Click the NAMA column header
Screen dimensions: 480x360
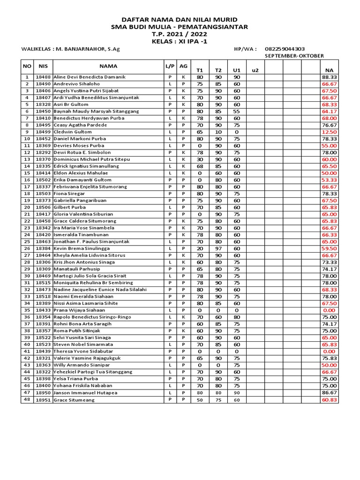(x=108, y=66)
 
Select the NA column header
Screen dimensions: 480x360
(x=329, y=70)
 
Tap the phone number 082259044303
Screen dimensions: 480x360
(x=285, y=49)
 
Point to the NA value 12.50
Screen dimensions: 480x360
(x=329, y=132)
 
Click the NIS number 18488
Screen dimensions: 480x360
(x=43, y=77)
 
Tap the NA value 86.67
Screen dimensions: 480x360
(x=329, y=393)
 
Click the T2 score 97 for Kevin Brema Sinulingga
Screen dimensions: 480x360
(x=218, y=248)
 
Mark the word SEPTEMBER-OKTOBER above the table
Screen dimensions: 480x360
(x=294, y=56)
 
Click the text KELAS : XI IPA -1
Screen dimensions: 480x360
(x=180, y=42)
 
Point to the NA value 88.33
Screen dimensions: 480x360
(x=329, y=77)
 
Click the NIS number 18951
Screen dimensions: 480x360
(x=43, y=400)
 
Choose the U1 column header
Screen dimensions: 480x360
(x=237, y=70)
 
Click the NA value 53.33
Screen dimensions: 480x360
(x=329, y=180)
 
